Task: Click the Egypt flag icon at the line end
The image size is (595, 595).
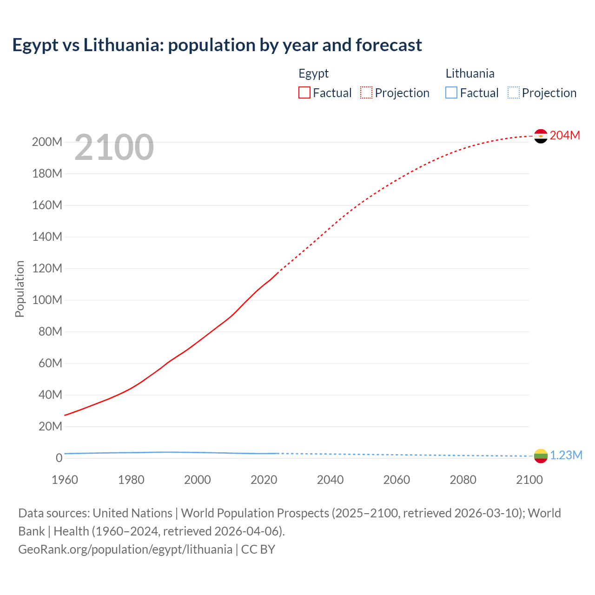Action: click(541, 136)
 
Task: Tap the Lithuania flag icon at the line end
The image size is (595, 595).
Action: click(541, 456)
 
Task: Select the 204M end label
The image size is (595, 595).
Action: click(565, 135)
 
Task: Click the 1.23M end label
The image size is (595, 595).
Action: click(566, 455)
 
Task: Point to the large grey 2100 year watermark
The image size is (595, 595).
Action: click(114, 147)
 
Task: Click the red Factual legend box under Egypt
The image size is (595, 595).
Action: click(304, 93)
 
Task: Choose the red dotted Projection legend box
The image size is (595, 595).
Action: click(366, 93)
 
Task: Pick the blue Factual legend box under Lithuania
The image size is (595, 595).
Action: click(451, 93)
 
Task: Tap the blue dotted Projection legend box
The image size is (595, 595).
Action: click(514, 93)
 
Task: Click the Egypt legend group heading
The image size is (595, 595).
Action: click(313, 73)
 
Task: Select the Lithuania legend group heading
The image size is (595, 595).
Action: click(470, 73)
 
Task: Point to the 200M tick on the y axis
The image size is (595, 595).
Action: click(47, 142)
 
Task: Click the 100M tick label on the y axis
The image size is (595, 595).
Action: click(47, 300)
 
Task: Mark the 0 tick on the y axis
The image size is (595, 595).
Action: click(59, 458)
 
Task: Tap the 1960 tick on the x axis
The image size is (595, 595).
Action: click(65, 480)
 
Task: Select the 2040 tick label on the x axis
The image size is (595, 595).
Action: click(330, 480)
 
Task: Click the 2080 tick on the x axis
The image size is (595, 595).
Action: click(463, 480)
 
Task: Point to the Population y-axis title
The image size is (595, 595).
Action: click(20, 289)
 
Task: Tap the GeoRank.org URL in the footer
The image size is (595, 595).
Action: click(125, 549)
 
